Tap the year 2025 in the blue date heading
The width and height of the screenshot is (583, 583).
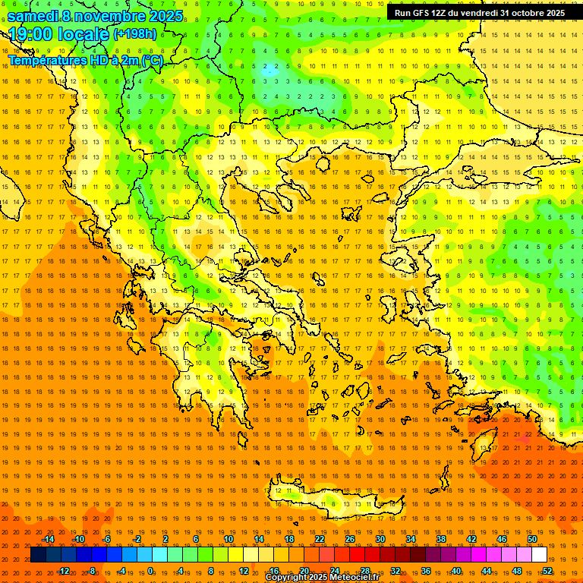click(163, 15)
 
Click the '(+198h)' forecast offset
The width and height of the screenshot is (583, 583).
click(134, 34)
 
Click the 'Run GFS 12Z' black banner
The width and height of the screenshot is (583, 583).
click(479, 13)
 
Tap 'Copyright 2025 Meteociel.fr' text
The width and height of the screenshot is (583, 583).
click(322, 578)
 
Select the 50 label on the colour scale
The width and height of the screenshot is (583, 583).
click(531, 540)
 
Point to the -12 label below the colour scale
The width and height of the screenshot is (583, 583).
click(64, 571)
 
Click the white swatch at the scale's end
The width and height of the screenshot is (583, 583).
click(539, 555)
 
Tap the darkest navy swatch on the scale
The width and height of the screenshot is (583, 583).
click(38, 555)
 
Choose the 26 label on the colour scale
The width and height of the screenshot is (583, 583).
click(349, 540)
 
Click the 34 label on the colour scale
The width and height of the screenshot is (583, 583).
click(410, 540)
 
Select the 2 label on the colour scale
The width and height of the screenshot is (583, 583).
click(165, 540)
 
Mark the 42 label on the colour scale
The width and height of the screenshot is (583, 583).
click(471, 540)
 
